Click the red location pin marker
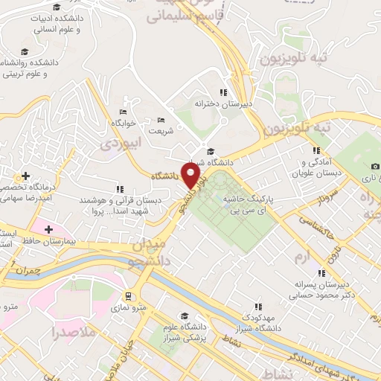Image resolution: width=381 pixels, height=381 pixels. (x=193, y=176)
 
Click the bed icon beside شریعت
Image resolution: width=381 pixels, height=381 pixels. (x=161, y=120)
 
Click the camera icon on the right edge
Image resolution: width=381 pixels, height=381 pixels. (x=375, y=165)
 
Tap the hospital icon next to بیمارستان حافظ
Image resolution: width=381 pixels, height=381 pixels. (x=50, y=229)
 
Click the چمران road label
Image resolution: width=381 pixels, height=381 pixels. (x=26, y=270)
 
